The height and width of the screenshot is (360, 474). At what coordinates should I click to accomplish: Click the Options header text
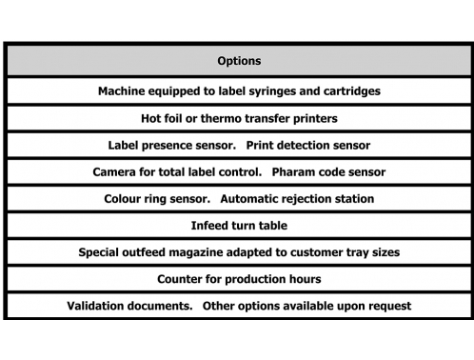239,61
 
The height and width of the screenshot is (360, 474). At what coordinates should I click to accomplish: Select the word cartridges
352,91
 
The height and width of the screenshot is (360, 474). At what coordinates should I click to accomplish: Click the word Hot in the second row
149,118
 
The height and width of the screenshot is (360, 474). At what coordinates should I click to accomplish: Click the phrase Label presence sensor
172,146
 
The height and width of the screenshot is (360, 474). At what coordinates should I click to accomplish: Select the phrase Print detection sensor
308,146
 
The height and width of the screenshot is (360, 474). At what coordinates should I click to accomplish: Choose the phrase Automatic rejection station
297,199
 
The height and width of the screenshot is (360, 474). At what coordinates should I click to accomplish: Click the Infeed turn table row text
239,226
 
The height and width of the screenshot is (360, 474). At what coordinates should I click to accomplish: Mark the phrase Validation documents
129,306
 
